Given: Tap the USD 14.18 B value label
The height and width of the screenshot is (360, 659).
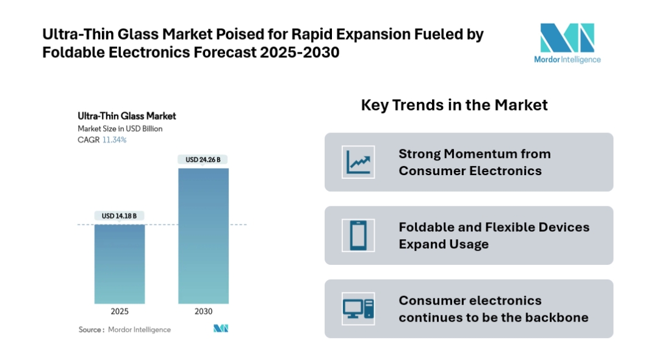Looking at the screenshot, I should (x=119, y=215).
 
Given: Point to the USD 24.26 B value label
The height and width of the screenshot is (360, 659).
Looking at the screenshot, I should (x=203, y=160).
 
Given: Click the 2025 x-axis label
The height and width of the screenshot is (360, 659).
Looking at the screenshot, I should (x=119, y=311).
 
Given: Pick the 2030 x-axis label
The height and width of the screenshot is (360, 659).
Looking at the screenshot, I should (x=203, y=311).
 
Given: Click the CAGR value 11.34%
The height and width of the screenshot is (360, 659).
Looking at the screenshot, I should (x=115, y=140).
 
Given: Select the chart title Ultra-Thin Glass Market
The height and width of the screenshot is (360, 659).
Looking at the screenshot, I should (x=127, y=115).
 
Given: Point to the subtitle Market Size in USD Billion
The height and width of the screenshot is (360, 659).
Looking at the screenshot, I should (x=120, y=129).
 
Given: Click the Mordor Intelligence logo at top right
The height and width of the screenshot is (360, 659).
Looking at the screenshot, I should (x=567, y=43).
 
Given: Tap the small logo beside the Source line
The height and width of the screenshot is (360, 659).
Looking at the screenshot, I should (x=220, y=329).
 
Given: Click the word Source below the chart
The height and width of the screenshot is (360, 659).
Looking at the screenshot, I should (x=90, y=329).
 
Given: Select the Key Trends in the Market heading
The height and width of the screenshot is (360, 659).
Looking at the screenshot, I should (x=454, y=105).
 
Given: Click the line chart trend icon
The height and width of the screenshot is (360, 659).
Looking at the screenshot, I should (x=358, y=162).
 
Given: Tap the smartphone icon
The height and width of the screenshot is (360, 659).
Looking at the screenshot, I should (x=358, y=235).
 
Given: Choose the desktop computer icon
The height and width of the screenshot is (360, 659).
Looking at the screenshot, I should (x=358, y=308).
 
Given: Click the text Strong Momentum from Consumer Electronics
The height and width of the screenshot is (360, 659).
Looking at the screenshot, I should (x=474, y=162).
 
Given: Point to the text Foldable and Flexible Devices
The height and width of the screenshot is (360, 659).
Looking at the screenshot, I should (x=494, y=227).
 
